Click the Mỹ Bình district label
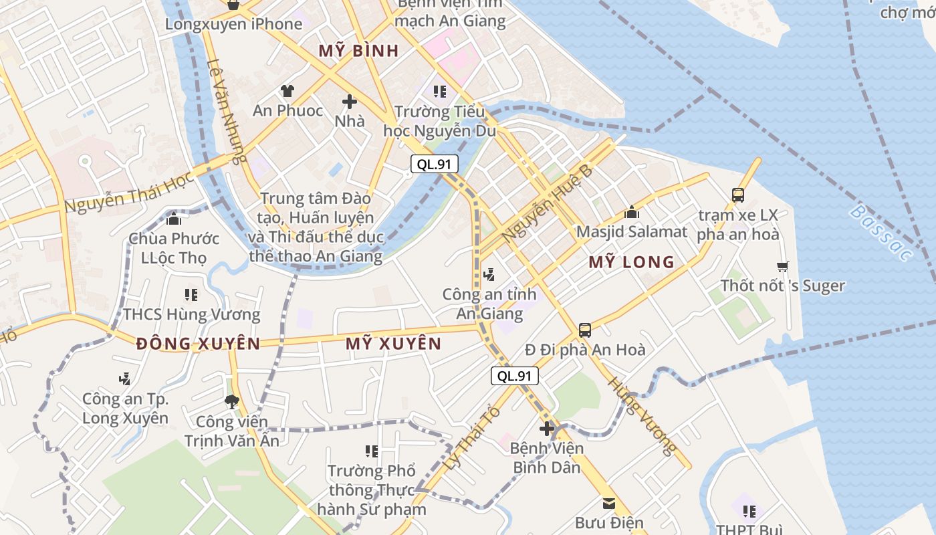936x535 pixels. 358,51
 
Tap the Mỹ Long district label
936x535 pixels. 631,262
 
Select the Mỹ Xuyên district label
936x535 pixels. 393,344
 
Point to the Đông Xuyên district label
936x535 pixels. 198,344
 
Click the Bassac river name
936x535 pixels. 881,233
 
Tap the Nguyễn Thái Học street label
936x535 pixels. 129,191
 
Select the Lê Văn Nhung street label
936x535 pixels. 227,111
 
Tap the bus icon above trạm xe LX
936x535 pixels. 738,195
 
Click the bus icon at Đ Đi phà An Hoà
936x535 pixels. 585,330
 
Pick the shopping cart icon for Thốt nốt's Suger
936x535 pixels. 783,266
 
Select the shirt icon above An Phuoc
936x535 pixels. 287,90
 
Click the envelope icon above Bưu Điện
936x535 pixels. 609,504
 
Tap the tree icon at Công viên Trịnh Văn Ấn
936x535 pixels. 232,401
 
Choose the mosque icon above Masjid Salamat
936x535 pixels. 632,213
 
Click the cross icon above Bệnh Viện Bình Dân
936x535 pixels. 548,428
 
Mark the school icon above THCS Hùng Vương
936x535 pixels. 191,294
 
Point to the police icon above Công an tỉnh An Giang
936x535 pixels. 489,274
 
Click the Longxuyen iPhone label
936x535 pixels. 233,24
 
